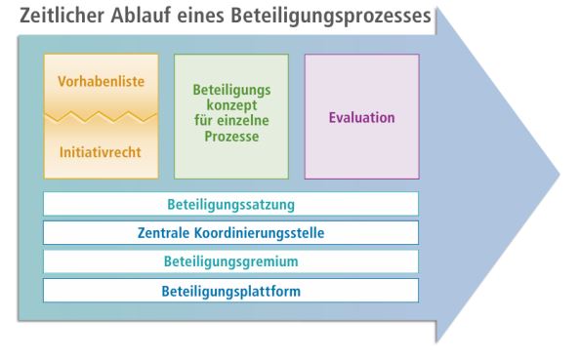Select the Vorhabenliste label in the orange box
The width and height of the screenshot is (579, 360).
[x=102, y=80]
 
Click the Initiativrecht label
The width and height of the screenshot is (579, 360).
[x=102, y=153]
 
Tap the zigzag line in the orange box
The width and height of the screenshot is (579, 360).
[x=102, y=117]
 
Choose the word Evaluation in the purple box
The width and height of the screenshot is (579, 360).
[x=362, y=117]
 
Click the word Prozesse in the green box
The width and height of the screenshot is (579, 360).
[x=231, y=139]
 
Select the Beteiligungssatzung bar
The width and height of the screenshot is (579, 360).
[x=231, y=204]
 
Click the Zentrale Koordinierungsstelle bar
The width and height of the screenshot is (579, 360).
[x=231, y=233]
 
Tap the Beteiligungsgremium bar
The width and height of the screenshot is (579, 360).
[x=231, y=261]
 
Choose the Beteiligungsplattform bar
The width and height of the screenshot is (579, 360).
[x=231, y=291]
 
